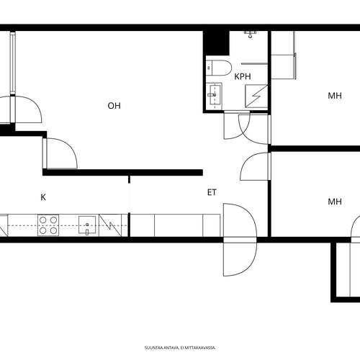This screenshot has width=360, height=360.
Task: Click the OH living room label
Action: click(x=114, y=106)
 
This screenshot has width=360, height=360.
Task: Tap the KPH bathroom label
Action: click(x=243, y=76)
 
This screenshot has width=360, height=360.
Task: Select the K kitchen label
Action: click(x=43, y=197)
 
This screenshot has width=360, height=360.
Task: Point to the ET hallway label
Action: click(x=212, y=192)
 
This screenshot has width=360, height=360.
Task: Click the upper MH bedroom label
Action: click(x=335, y=96)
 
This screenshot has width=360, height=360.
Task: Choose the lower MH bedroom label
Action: click(x=335, y=202)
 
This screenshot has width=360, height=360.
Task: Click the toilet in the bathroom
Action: click(x=218, y=68)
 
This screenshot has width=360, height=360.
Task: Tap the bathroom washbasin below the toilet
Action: click(x=214, y=95)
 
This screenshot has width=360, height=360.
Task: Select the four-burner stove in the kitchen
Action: click(x=48, y=225)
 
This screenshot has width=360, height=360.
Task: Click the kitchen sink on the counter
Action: click(x=87, y=225)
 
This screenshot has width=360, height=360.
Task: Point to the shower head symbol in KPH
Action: click(x=251, y=35)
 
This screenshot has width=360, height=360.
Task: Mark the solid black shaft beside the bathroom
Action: click(x=216, y=43)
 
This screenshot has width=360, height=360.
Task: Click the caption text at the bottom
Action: click(x=180, y=348)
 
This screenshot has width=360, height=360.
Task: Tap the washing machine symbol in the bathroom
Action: click(x=256, y=96)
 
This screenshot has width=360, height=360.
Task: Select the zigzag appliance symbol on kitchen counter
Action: click(x=110, y=225)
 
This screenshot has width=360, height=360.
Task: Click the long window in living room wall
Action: click(x=13, y=63)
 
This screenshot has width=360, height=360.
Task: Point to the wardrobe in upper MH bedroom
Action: click(x=283, y=55)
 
